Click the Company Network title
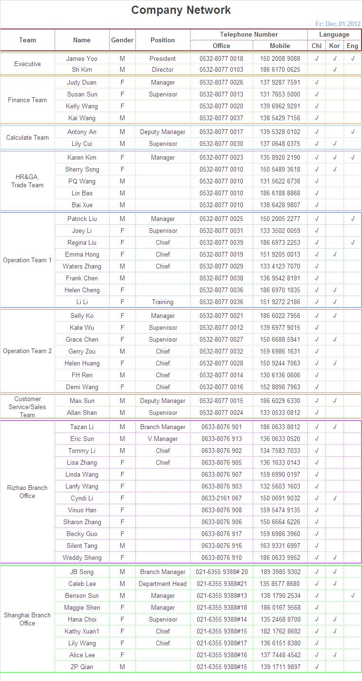point(181,10)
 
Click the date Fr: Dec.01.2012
point(338,24)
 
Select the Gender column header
point(122,40)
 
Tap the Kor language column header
point(334,46)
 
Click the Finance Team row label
point(28,100)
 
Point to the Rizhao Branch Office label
point(28,492)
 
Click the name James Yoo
point(82,58)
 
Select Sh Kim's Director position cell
point(162,69)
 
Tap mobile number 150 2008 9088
point(280,58)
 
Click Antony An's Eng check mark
point(352,132)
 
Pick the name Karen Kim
point(82,157)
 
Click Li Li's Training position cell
point(162,302)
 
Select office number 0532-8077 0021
point(221,316)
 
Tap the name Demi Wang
point(82,387)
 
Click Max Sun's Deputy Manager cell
point(162,401)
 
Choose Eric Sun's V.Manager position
point(162,439)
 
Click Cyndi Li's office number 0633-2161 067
point(221,498)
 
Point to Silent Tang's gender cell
point(122,546)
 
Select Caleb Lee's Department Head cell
point(162,584)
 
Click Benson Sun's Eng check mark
point(352,595)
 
